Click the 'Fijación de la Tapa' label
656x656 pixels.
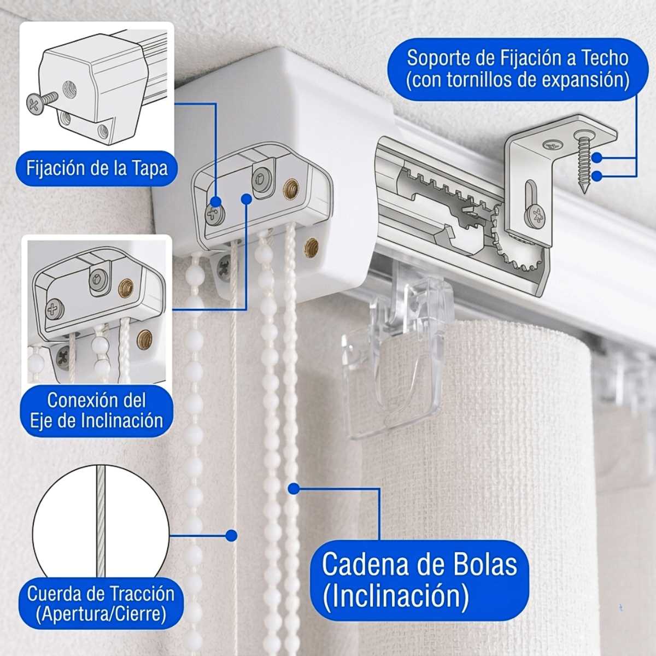(97, 168)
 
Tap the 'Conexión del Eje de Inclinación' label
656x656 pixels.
(97, 411)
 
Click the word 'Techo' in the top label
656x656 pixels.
(602, 58)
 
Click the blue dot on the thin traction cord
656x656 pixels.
(231, 536)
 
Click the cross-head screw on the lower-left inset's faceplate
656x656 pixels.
(55, 309)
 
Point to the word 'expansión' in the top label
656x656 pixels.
(580, 80)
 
